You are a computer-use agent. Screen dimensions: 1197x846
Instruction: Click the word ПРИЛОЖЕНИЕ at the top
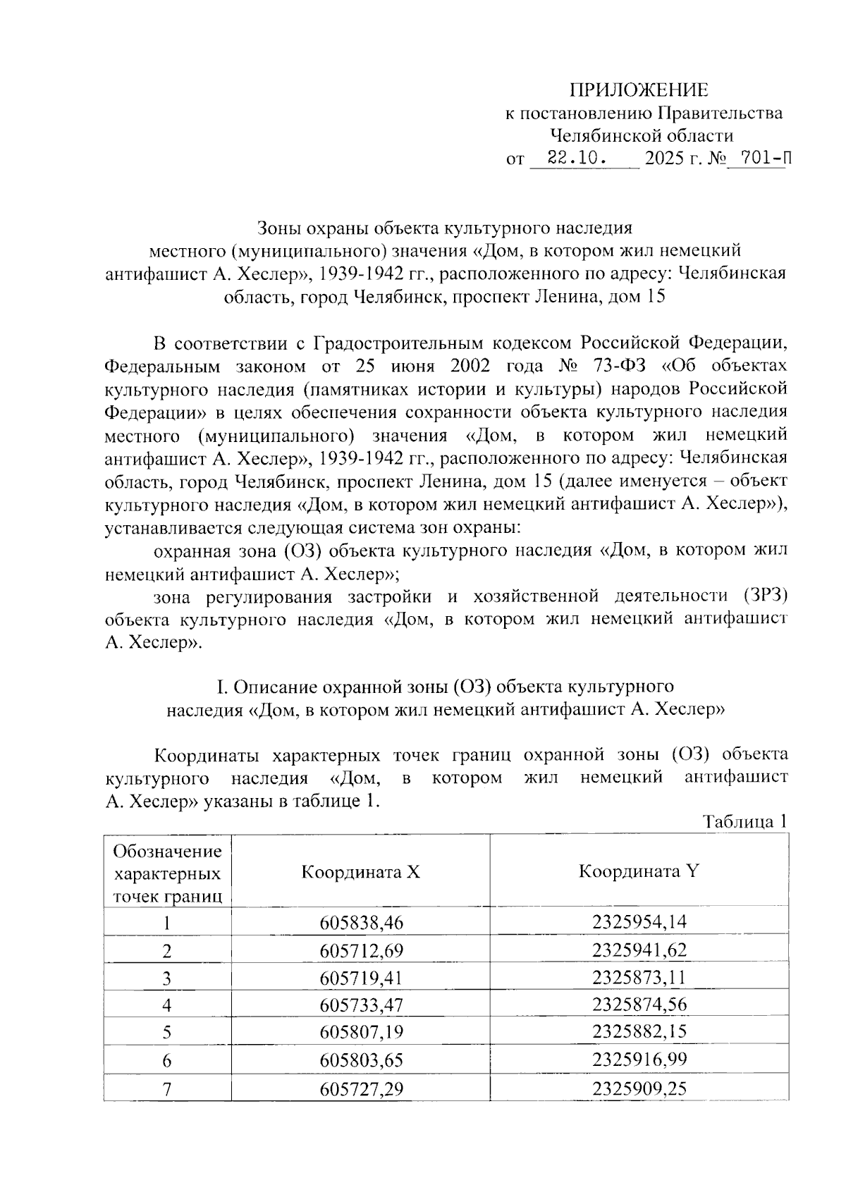point(639,90)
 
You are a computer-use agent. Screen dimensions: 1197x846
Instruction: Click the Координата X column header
point(360,872)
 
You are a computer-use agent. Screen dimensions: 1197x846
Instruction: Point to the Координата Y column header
point(639,871)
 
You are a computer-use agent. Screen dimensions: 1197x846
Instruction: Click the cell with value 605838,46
point(360,923)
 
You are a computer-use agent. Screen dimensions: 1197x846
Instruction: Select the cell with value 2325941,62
point(639,950)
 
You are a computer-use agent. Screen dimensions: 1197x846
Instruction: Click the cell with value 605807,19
point(360,1033)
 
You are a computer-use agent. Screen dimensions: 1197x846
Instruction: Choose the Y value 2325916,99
point(639,1060)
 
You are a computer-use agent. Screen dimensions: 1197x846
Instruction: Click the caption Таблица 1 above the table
point(744,822)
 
